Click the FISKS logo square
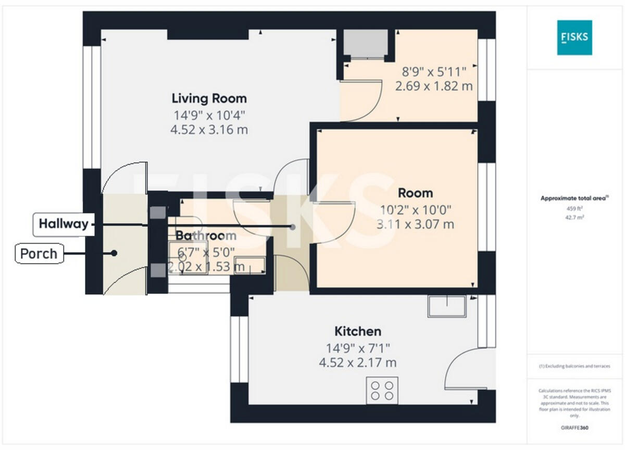click(x=574, y=37)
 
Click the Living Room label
click(x=209, y=98)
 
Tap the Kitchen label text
click(x=357, y=331)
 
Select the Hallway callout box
click(x=63, y=224)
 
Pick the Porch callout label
click(x=39, y=254)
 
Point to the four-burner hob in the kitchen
click(x=382, y=390)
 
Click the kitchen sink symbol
click(x=446, y=306)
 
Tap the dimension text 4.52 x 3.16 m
click(x=209, y=130)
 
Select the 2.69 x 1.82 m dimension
click(x=433, y=86)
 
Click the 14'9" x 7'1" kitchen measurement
click(x=357, y=347)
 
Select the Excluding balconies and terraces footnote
click(x=574, y=367)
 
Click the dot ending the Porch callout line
click(x=114, y=254)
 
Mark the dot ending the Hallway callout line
click(x=293, y=227)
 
